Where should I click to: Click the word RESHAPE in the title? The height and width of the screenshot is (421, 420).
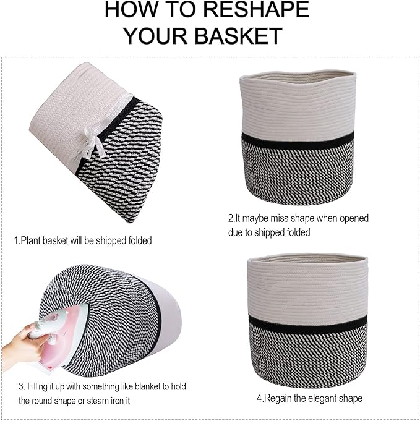(256, 10)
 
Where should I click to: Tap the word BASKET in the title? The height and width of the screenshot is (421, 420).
(238, 36)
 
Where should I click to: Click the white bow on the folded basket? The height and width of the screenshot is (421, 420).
(94, 142)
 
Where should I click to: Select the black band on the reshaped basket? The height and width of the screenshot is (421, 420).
(307, 324)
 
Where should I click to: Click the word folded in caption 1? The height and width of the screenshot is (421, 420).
(140, 240)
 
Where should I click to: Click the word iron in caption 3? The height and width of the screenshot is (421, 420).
(120, 401)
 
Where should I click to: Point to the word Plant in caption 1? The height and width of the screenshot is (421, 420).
(31, 240)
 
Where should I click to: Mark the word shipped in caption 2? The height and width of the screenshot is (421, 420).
(269, 232)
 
